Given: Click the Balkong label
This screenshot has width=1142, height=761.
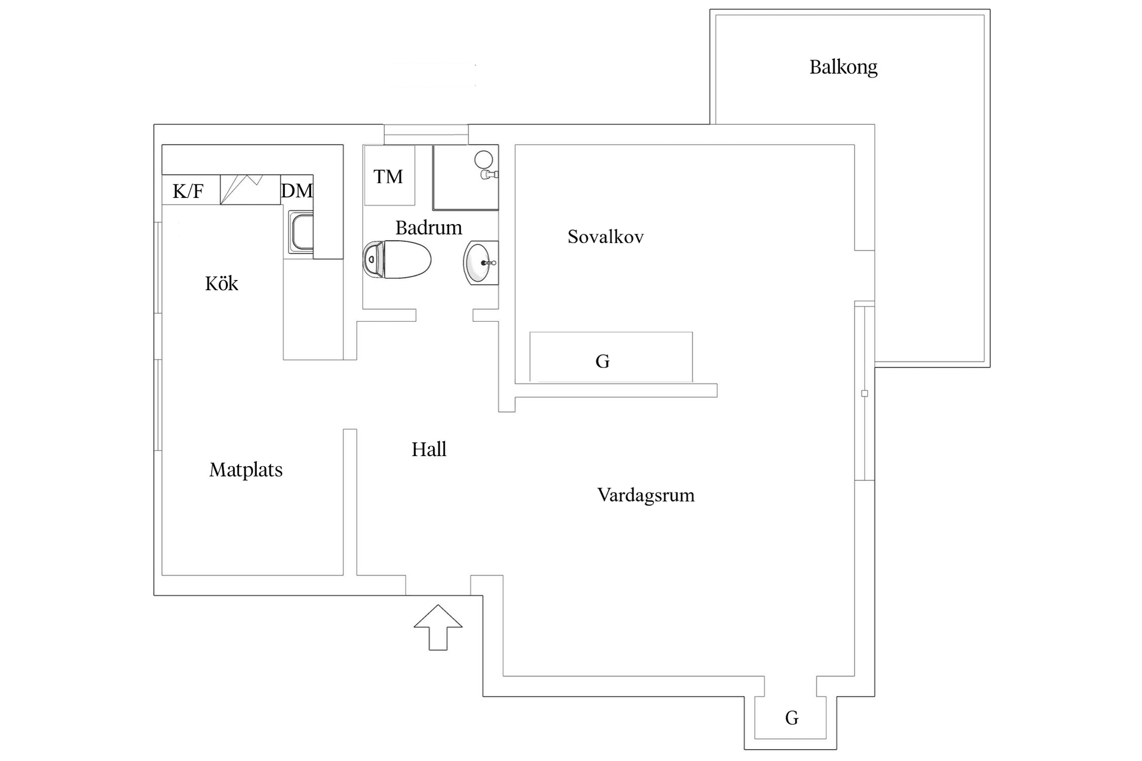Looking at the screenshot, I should (x=843, y=67).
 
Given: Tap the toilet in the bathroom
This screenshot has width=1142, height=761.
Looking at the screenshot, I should (x=397, y=260).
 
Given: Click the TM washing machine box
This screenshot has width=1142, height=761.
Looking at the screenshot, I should (x=389, y=176).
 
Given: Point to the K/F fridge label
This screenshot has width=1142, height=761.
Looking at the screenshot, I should (x=188, y=191).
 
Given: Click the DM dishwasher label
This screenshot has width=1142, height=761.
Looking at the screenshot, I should (x=296, y=191).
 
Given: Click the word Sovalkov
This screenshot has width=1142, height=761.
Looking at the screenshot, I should (x=605, y=237).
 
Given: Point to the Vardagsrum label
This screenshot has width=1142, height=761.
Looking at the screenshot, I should (x=645, y=495).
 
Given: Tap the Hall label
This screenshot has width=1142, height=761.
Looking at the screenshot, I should (x=429, y=449).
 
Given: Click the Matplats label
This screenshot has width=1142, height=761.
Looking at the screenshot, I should (x=246, y=470).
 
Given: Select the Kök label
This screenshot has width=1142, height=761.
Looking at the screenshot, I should (x=221, y=284).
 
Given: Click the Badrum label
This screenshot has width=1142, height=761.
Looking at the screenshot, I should (x=428, y=228).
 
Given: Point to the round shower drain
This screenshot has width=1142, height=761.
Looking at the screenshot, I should (x=484, y=159).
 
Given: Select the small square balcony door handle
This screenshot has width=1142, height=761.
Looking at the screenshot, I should (x=864, y=394).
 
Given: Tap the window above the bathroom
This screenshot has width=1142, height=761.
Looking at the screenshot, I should (x=425, y=134).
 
